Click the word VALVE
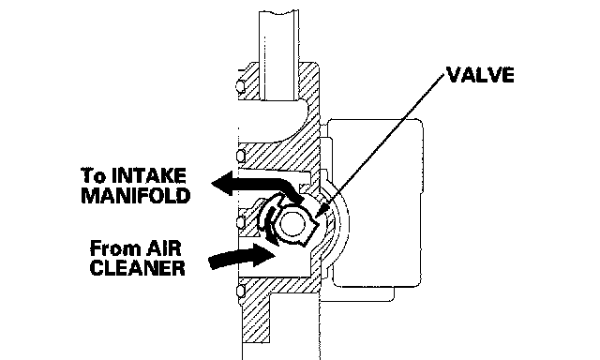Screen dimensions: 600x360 (x=480, y=75)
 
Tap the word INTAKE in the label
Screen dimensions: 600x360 (x=148, y=175)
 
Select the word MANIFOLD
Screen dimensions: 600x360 (x=136, y=196)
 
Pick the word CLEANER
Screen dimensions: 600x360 (x=138, y=268)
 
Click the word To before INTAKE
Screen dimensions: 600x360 (x=94, y=175)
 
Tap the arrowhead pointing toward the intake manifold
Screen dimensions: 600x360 (x=222, y=183)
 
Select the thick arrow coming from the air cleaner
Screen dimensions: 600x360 (x=242, y=256)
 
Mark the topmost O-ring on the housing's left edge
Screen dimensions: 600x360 (x=240, y=86)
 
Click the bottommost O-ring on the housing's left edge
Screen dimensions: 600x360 (x=240, y=292)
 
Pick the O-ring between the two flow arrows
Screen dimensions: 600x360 (x=240, y=222)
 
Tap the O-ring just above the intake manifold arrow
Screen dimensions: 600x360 (x=240, y=156)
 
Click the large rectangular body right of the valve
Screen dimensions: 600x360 (x=377, y=202)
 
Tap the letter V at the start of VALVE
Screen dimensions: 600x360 (x=454, y=75)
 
